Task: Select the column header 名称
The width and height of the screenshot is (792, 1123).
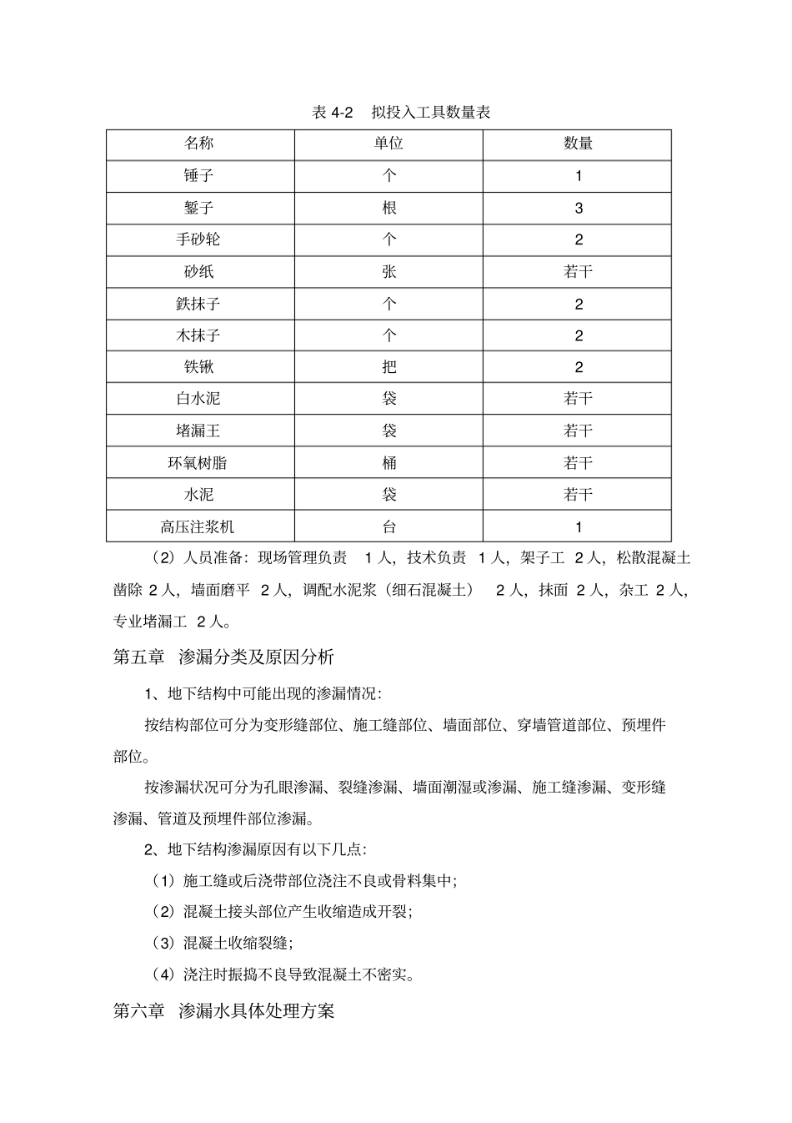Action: (x=199, y=144)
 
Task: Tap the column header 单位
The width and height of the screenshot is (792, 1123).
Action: (x=388, y=144)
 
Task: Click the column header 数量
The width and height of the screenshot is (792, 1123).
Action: (x=578, y=144)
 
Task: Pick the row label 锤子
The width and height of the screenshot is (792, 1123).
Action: (x=199, y=176)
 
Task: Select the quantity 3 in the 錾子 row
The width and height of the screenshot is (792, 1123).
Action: (x=579, y=209)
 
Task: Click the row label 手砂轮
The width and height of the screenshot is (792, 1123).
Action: (x=199, y=239)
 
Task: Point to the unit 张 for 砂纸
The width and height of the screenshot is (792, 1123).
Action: (x=388, y=272)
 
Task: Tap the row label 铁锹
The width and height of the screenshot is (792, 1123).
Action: (x=199, y=367)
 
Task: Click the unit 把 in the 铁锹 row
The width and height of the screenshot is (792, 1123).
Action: (x=388, y=367)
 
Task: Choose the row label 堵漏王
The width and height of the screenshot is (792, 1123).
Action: (x=199, y=431)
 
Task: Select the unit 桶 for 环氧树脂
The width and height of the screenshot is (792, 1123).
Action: (x=388, y=463)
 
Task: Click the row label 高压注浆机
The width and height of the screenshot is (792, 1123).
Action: (x=199, y=527)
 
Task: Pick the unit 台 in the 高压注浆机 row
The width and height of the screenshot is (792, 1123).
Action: (x=388, y=527)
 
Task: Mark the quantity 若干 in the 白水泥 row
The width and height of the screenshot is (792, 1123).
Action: (x=578, y=399)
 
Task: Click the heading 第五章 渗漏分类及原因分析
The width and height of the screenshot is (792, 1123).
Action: (x=223, y=657)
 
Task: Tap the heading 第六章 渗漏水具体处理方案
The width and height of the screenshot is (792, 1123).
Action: (x=223, y=1011)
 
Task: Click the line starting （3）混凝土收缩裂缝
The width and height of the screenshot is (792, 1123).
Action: (x=222, y=943)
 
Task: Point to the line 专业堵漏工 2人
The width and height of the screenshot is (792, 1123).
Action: (x=173, y=622)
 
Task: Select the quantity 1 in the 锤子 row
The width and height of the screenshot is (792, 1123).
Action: (x=579, y=176)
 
